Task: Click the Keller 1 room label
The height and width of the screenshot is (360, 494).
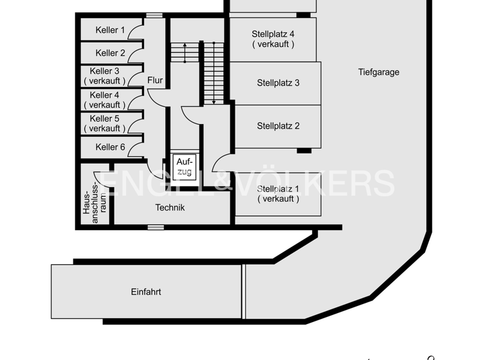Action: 110,30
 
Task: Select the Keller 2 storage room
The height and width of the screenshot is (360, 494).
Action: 110,53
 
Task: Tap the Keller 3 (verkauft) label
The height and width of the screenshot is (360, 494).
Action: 105,76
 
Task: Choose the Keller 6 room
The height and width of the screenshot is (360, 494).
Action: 110,147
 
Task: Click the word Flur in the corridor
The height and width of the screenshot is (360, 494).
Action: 155,81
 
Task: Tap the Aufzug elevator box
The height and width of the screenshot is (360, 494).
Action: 185,167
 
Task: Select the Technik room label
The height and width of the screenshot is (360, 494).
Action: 170,208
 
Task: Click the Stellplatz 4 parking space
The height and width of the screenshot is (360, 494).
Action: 273,39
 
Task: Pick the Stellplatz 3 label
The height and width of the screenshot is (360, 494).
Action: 278,83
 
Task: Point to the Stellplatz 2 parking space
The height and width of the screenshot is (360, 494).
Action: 278,126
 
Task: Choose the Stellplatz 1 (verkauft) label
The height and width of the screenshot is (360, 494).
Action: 278,194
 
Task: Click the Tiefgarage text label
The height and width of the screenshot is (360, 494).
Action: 379,72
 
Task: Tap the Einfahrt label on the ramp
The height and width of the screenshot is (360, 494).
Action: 146,292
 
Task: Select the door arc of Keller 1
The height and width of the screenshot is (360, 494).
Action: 136,32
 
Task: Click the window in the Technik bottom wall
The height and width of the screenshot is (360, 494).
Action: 155,227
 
